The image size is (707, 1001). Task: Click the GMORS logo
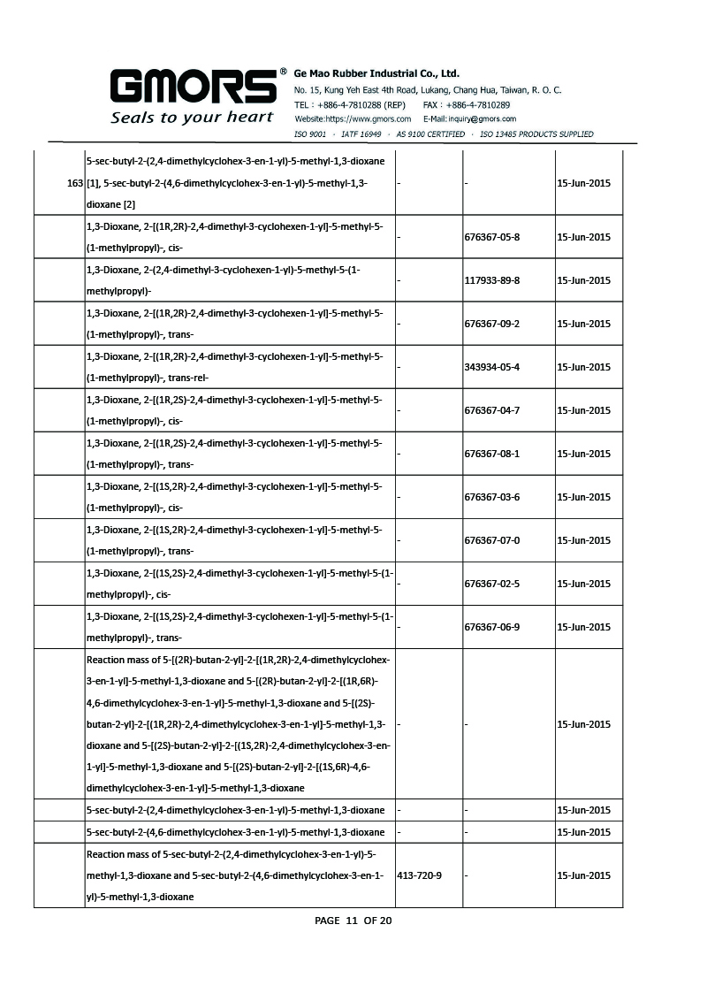click(193, 88)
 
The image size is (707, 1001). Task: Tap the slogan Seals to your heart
click(192, 118)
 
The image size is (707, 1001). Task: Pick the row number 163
click(75, 183)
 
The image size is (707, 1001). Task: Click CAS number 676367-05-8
click(491, 237)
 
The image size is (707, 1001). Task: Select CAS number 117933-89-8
click(491, 280)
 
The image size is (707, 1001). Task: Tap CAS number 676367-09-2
click(491, 324)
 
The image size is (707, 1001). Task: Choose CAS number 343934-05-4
click(491, 367)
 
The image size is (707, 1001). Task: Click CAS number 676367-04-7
click(491, 410)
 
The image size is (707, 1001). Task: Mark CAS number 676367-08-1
click(491, 454)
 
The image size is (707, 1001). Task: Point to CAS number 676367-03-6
click(491, 497)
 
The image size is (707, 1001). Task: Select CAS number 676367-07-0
click(491, 540)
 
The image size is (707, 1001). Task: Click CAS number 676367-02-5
click(491, 584)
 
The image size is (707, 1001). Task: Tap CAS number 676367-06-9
click(491, 627)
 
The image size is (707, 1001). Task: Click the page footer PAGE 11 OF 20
click(353, 921)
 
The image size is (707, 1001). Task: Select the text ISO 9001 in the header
click(310, 134)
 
